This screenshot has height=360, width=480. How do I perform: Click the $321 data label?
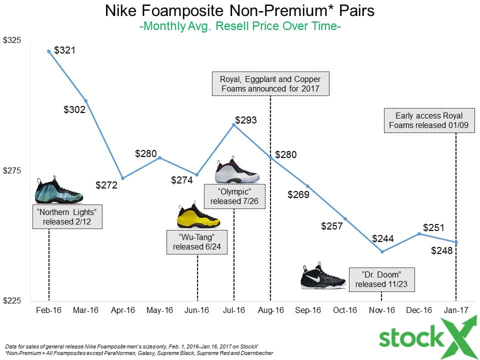click(x=65, y=50)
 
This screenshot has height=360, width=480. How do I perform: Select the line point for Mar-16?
click(x=85, y=100)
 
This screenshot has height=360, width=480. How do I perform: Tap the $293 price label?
click(x=246, y=120)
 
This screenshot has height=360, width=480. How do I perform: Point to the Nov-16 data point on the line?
click(x=381, y=251)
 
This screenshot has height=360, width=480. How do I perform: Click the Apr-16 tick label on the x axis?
click(x=122, y=310)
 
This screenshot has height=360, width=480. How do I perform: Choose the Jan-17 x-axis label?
click(x=455, y=310)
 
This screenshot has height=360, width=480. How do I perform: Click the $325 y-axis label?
click(x=12, y=40)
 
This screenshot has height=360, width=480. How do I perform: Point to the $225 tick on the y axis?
click(x=12, y=301)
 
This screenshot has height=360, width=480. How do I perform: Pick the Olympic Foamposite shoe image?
click(x=236, y=172)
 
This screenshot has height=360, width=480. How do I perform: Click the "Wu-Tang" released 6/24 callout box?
click(x=197, y=242)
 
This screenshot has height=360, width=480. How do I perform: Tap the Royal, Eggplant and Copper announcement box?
click(x=270, y=84)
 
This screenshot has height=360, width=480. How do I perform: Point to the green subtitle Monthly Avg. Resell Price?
click(x=240, y=26)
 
